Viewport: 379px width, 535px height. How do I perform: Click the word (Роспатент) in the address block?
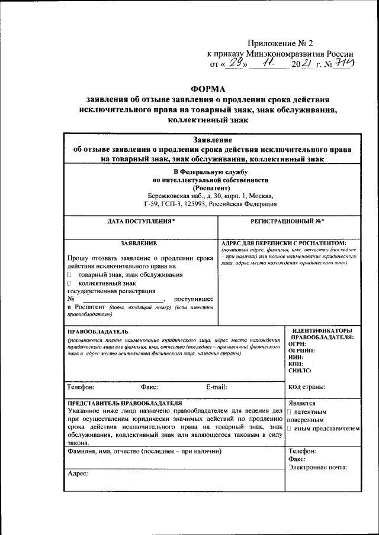pos(210,187)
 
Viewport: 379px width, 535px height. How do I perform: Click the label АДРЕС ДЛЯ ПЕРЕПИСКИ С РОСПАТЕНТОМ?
pos(283,243)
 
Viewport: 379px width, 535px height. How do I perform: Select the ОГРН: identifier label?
pos(297,343)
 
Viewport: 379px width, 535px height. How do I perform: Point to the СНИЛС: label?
pos(300,370)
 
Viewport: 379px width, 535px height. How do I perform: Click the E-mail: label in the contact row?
pos(216,387)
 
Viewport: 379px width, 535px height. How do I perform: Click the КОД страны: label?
pos(306,387)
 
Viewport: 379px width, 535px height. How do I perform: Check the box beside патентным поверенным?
pos(288,411)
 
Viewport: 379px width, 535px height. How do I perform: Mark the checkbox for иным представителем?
pos(288,427)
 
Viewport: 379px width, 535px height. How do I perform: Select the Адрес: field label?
pos(78,474)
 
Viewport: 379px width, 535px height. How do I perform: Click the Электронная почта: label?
pos(317,468)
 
